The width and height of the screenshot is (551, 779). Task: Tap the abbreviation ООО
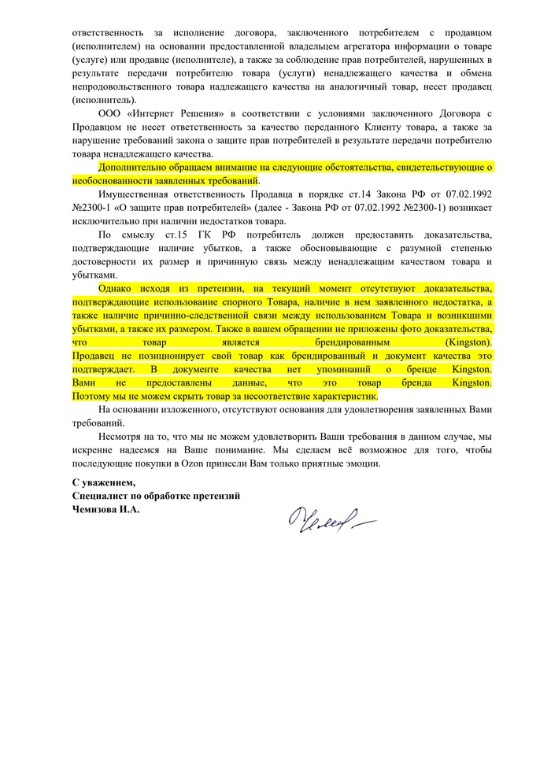pyautogui.click(x=110, y=114)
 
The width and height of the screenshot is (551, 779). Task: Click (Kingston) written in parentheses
pyautogui.click(x=468, y=343)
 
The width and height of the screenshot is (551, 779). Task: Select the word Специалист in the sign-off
pyautogui.click(x=99, y=495)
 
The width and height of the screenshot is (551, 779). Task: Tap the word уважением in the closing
pyautogui.click(x=109, y=482)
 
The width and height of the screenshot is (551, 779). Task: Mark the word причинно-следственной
pyautogui.click(x=184, y=316)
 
